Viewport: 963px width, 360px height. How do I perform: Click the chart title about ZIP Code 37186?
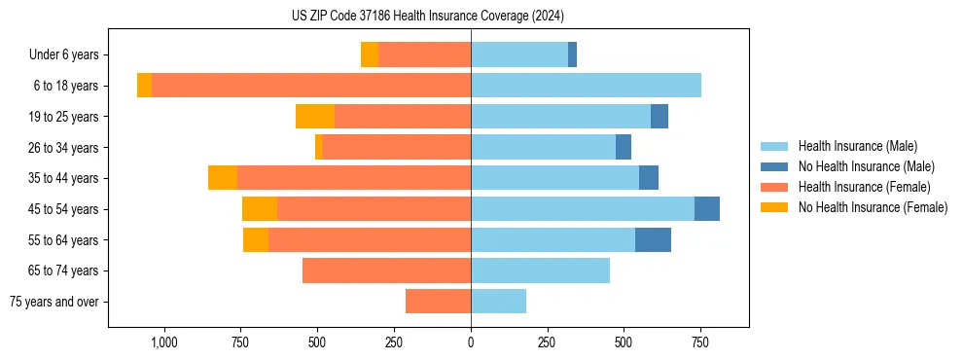[427, 17]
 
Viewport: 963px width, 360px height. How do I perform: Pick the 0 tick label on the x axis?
[471, 342]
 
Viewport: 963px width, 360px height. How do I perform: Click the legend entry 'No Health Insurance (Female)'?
[872, 207]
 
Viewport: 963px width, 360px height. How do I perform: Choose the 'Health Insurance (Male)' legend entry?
[857, 146]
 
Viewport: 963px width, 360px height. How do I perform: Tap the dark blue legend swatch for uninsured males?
[774, 166]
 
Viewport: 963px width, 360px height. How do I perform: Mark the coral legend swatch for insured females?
[774, 187]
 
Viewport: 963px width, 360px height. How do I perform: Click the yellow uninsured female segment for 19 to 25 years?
[315, 117]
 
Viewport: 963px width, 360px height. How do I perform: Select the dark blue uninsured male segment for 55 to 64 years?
[653, 239]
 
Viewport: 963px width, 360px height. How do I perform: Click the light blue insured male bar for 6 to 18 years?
[586, 86]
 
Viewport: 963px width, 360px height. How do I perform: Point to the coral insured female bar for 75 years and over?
[438, 302]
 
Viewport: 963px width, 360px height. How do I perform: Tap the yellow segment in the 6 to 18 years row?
[144, 86]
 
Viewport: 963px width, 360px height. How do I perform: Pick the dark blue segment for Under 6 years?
[572, 55]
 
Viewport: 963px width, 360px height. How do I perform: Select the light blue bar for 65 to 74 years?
[540, 270]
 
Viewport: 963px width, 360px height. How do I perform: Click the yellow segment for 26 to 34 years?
[318, 147]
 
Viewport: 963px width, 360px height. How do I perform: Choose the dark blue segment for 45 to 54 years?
[706, 209]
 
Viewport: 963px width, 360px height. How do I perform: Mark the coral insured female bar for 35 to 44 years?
[597, 178]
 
